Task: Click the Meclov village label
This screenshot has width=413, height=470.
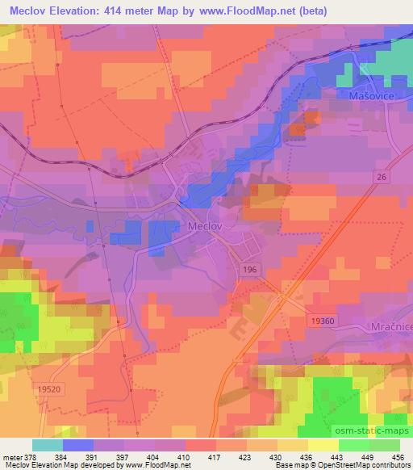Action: pos(206,228)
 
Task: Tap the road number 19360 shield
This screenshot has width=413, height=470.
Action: pos(322,321)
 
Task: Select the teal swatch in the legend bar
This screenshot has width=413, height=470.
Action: pos(47,444)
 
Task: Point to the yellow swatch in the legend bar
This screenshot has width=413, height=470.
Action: pos(323,444)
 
